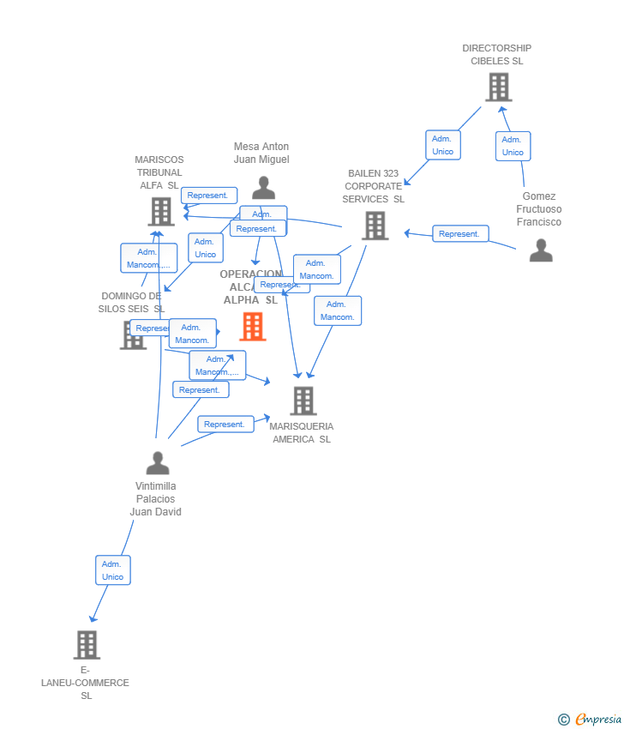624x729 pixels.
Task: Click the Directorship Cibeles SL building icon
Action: coord(498,87)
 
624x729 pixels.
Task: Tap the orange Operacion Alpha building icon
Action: coord(253,327)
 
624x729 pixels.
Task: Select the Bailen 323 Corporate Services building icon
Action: coord(375,226)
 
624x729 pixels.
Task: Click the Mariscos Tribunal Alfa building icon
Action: coord(160,211)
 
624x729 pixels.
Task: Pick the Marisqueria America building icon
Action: coord(303,401)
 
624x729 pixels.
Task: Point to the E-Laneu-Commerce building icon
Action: coord(87,645)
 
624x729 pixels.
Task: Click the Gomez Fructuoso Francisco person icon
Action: coord(541,250)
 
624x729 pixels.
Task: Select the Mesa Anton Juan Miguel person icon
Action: coord(263,188)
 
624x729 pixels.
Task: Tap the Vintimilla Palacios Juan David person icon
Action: coord(157,463)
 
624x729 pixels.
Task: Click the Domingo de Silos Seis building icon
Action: coord(133,334)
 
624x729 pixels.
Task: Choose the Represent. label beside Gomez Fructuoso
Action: coord(460,233)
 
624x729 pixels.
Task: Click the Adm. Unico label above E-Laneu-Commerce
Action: coord(112,570)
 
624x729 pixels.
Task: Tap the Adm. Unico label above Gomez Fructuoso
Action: coord(513,146)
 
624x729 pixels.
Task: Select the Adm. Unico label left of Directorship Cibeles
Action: coord(442,145)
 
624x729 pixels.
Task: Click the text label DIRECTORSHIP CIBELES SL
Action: coord(496,55)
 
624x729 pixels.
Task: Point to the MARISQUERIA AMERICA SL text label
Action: coord(302,433)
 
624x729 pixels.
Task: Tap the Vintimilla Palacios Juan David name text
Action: coord(155,499)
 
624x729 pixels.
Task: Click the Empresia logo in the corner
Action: coord(589,719)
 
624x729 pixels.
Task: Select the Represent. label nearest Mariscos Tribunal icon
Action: coord(208,196)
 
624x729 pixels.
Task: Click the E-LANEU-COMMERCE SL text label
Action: coord(86,683)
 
